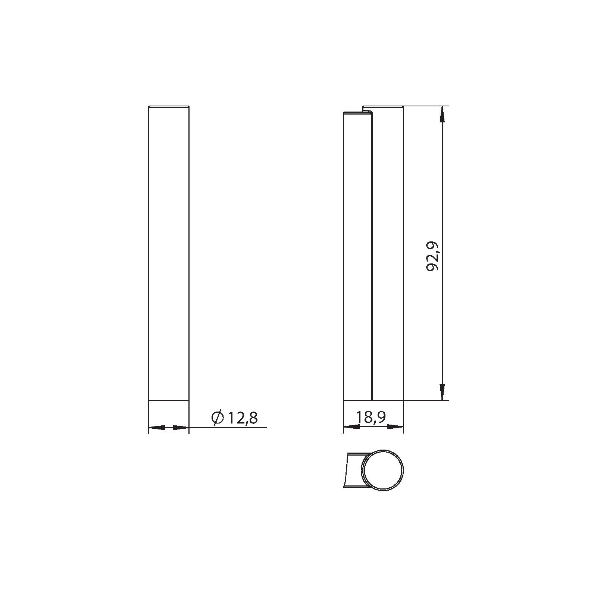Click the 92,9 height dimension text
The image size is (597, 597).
point(433,256)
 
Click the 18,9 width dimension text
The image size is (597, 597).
point(371,418)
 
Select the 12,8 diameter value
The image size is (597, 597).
point(242,418)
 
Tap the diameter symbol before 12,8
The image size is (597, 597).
point(217,418)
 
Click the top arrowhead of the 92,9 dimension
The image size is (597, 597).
point(442,114)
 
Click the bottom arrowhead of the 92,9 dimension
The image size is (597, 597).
point(442,393)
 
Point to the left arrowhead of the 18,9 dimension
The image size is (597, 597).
point(351,426)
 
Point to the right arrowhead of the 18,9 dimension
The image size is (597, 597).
point(396,426)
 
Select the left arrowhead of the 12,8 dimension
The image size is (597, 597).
point(157,427)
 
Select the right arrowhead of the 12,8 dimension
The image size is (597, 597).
point(181,427)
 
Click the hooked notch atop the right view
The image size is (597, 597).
point(368,110)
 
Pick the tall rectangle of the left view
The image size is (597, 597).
point(169,254)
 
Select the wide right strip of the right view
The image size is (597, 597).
point(388,254)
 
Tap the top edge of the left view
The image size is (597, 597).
point(169,107)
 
